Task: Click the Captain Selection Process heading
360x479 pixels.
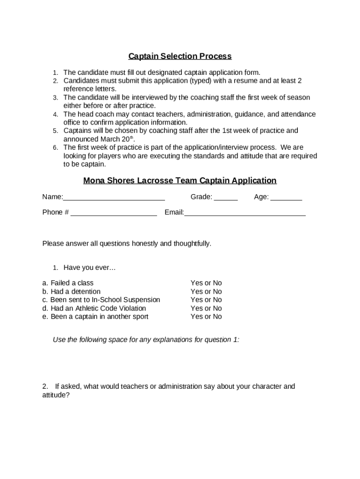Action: pyautogui.click(x=180, y=57)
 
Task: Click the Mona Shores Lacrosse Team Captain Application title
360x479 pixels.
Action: pyautogui.click(x=180, y=181)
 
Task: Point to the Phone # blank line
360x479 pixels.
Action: pyautogui.click(x=114, y=214)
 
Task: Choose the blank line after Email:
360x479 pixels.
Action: pyautogui.click(x=245, y=214)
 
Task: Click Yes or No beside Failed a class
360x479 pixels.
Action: pyautogui.click(x=206, y=283)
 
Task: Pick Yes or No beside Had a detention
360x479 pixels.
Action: pyautogui.click(x=206, y=291)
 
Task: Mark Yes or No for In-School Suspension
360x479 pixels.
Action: pyautogui.click(x=206, y=300)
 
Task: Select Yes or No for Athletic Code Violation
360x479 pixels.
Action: pyautogui.click(x=206, y=308)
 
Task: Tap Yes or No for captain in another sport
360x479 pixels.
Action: pyautogui.click(x=206, y=317)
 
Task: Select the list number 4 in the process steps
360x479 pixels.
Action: pyautogui.click(x=55, y=115)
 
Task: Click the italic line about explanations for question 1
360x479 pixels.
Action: pyautogui.click(x=146, y=340)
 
